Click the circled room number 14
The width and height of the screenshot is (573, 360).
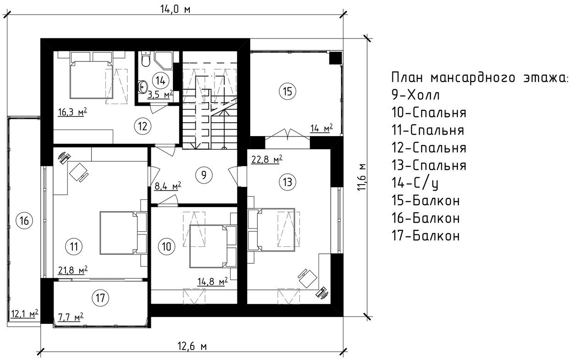(160, 81)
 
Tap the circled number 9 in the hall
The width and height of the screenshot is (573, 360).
(204, 175)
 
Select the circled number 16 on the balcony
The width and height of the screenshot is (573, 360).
(24, 220)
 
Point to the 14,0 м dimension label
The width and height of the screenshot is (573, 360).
(176, 10)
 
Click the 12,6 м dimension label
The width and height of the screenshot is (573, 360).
(192, 346)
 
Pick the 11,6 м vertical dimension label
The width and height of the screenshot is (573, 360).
(363, 177)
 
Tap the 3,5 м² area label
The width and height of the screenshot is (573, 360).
(160, 94)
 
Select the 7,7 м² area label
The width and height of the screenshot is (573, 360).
(71, 317)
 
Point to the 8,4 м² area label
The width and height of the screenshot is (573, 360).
(168, 186)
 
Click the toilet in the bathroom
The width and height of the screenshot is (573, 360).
(146, 59)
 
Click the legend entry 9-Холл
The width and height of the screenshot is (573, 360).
(415, 95)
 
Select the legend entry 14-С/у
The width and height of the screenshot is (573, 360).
(415, 183)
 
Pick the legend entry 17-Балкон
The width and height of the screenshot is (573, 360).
(426, 235)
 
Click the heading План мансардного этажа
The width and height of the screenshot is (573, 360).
(479, 77)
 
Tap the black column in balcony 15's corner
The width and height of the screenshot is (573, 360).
(335, 58)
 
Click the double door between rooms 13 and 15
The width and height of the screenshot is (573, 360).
(287, 135)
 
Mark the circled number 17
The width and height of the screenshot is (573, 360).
(100, 298)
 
